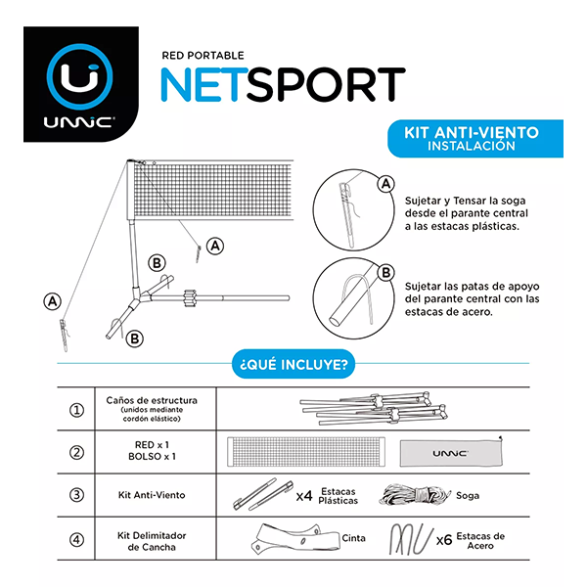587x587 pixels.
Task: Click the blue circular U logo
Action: (80, 77)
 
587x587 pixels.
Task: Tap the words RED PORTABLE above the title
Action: (203, 56)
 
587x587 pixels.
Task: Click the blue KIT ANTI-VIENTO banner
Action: (475, 139)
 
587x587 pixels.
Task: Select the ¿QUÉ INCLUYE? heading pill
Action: (293, 364)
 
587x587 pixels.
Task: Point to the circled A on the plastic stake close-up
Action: (386, 184)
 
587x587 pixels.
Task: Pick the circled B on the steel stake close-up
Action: (386, 273)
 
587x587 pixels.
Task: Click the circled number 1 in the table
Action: (76, 410)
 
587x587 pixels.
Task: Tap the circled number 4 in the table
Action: (76, 540)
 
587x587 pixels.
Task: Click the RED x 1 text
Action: (152, 445)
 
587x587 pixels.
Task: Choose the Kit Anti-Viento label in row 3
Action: (152, 495)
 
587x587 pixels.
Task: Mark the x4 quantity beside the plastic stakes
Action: (304, 496)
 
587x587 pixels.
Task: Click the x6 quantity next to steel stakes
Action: (444, 540)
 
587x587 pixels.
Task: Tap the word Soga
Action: (468, 496)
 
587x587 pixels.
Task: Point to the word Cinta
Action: (353, 538)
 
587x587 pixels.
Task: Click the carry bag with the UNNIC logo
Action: (451, 453)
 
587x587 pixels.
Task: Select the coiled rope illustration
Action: (415, 495)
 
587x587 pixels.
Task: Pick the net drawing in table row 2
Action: (306, 452)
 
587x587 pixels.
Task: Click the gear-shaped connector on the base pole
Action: (191, 298)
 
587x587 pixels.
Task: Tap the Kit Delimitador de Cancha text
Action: (152, 541)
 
